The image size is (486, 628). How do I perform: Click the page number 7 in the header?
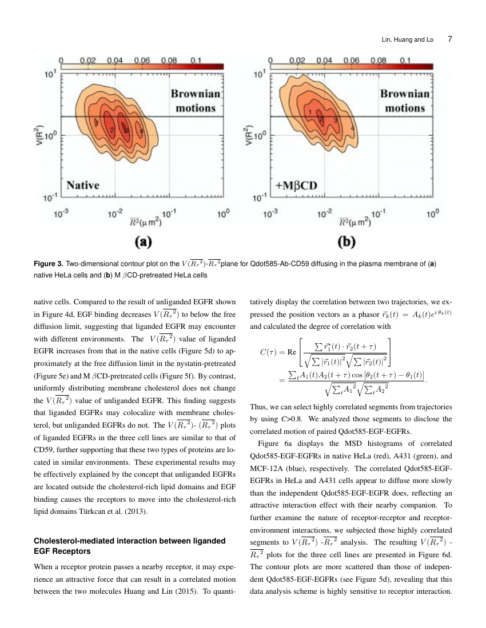[450, 39]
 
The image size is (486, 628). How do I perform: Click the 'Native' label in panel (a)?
[83, 184]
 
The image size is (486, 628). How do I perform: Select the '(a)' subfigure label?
[142, 241]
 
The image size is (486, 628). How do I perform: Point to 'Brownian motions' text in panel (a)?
[195, 101]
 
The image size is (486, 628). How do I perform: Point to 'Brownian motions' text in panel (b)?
[404, 101]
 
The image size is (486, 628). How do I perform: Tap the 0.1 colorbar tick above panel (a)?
[196, 59]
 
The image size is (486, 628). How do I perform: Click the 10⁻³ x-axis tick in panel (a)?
[62, 212]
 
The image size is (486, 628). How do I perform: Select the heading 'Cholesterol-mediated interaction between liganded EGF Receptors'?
[130, 545]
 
